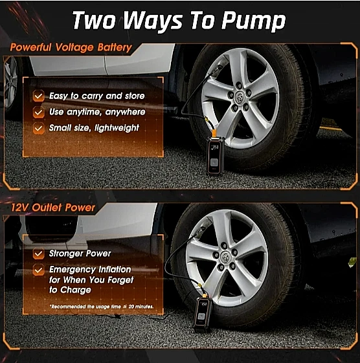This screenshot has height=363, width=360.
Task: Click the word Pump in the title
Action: coord(253,21)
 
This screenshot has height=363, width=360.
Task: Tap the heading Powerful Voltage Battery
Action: coord(71,48)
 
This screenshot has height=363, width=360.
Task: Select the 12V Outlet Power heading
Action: coord(53,208)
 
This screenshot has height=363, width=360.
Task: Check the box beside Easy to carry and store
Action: coord(38,96)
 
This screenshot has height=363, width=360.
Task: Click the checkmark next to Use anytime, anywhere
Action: coord(38,113)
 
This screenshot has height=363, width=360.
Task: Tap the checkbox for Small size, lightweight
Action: coord(38,128)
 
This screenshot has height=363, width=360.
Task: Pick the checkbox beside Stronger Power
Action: coord(38,254)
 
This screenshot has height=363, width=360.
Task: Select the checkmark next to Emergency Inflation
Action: coord(38,270)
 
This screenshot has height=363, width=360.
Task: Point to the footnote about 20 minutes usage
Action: coord(102,307)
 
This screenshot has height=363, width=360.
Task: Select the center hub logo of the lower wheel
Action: coord(225,256)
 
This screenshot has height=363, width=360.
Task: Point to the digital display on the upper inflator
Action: coord(215,147)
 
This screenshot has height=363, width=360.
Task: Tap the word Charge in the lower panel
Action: coord(76,290)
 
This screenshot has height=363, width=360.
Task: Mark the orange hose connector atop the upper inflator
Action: coord(214,133)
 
